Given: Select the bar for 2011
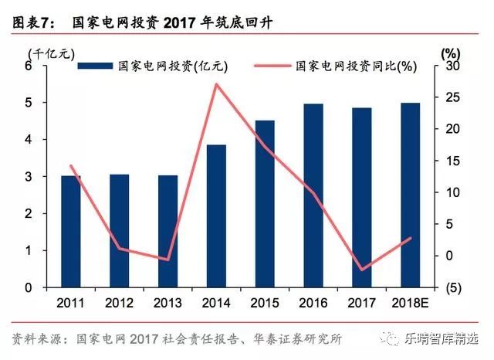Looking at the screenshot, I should click(x=71, y=232).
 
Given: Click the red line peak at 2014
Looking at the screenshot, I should click(x=216, y=83).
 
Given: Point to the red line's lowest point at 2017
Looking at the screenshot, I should click(x=361, y=270).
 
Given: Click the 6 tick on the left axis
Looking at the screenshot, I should click(x=29, y=66).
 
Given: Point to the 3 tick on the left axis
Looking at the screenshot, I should click(x=29, y=177).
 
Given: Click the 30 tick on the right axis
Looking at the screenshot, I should click(x=450, y=66).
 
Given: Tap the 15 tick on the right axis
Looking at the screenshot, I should click(x=450, y=161).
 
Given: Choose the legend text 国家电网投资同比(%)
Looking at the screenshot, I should click(x=357, y=66).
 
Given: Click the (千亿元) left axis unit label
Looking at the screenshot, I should click(x=49, y=53).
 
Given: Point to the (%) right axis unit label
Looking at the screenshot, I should click(x=451, y=53).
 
